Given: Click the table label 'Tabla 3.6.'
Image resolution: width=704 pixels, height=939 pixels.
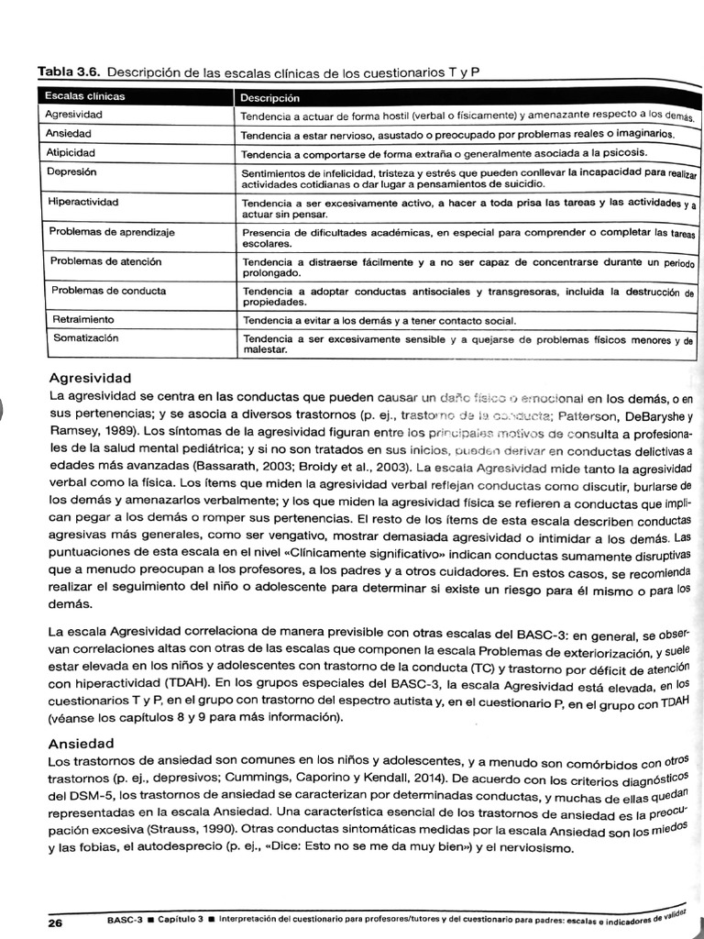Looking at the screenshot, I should [67, 72].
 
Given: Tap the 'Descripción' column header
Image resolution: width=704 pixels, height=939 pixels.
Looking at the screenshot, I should [270, 96].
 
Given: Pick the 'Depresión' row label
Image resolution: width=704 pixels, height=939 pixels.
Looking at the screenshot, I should [72, 171].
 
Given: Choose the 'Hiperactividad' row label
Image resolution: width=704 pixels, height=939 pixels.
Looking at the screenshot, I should [83, 201].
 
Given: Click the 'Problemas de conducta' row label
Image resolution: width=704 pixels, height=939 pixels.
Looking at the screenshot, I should [108, 291].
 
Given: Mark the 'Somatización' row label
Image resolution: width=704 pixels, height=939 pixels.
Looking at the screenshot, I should [85, 337].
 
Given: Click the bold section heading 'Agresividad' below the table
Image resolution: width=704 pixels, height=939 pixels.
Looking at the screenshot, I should [90, 378].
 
